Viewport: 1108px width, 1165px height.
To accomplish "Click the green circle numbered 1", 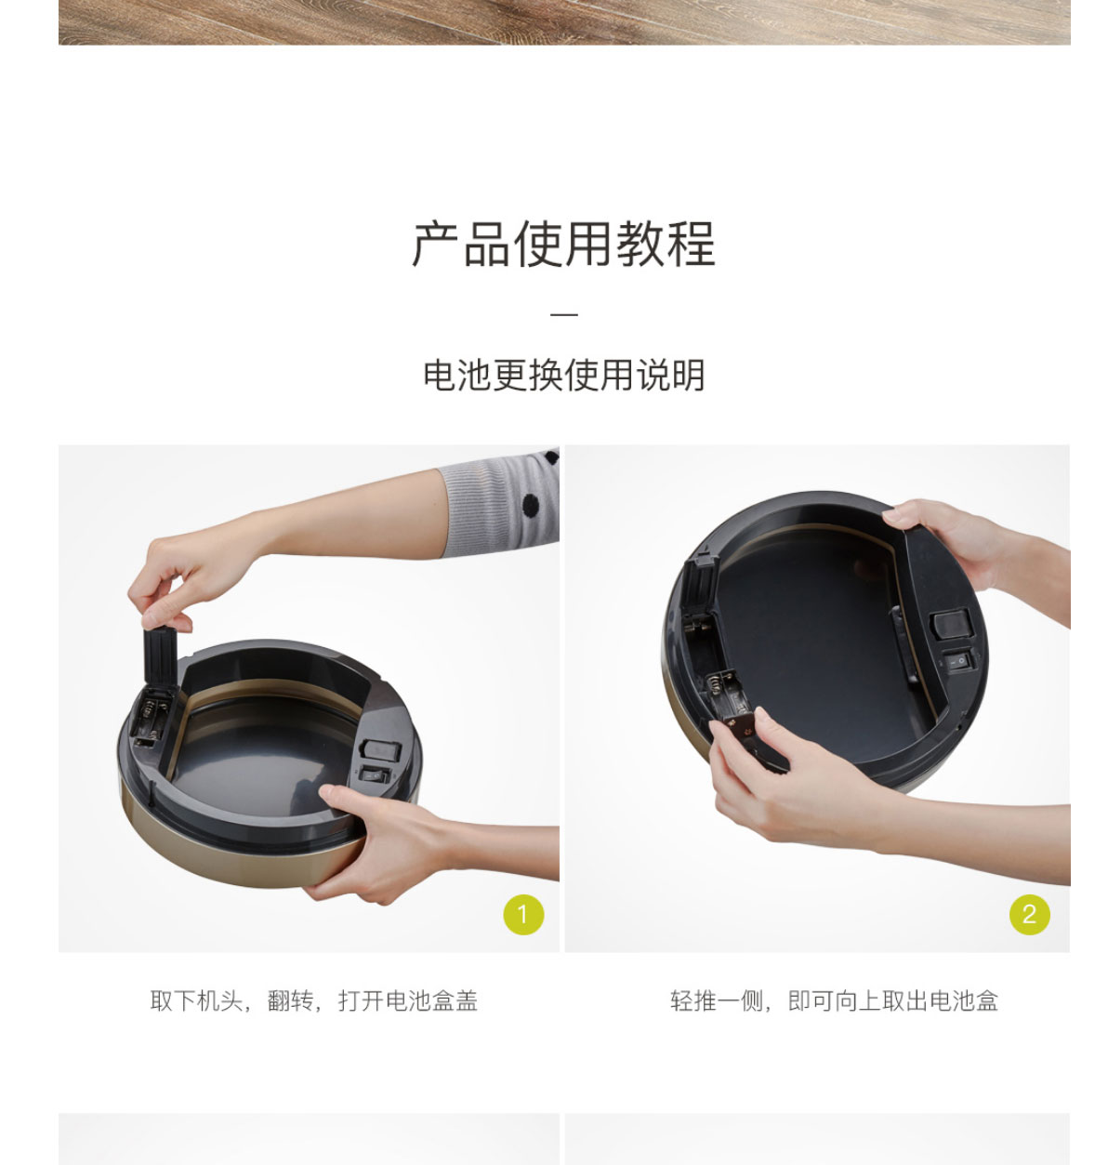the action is tap(523, 914).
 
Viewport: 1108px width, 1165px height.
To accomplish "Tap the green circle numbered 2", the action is tap(1029, 914).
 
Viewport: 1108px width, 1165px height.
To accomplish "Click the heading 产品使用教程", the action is tap(563, 245).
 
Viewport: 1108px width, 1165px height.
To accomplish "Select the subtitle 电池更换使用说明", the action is tap(563, 375).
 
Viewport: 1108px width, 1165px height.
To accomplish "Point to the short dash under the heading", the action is tap(563, 314).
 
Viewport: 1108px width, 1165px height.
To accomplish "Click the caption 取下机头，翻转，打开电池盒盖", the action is tap(313, 1000).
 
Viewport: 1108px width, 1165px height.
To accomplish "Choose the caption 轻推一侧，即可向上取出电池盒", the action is tap(835, 1000).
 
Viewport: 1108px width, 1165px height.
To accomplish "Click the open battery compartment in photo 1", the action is tap(151, 719).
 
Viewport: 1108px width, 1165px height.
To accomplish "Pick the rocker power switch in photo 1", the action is tap(375, 774).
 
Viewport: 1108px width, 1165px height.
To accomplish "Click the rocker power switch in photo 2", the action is tap(958, 659).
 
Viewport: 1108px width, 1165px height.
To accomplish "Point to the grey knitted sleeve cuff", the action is tap(499, 504).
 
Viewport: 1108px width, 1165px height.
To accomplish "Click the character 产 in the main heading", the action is tap(436, 245).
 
